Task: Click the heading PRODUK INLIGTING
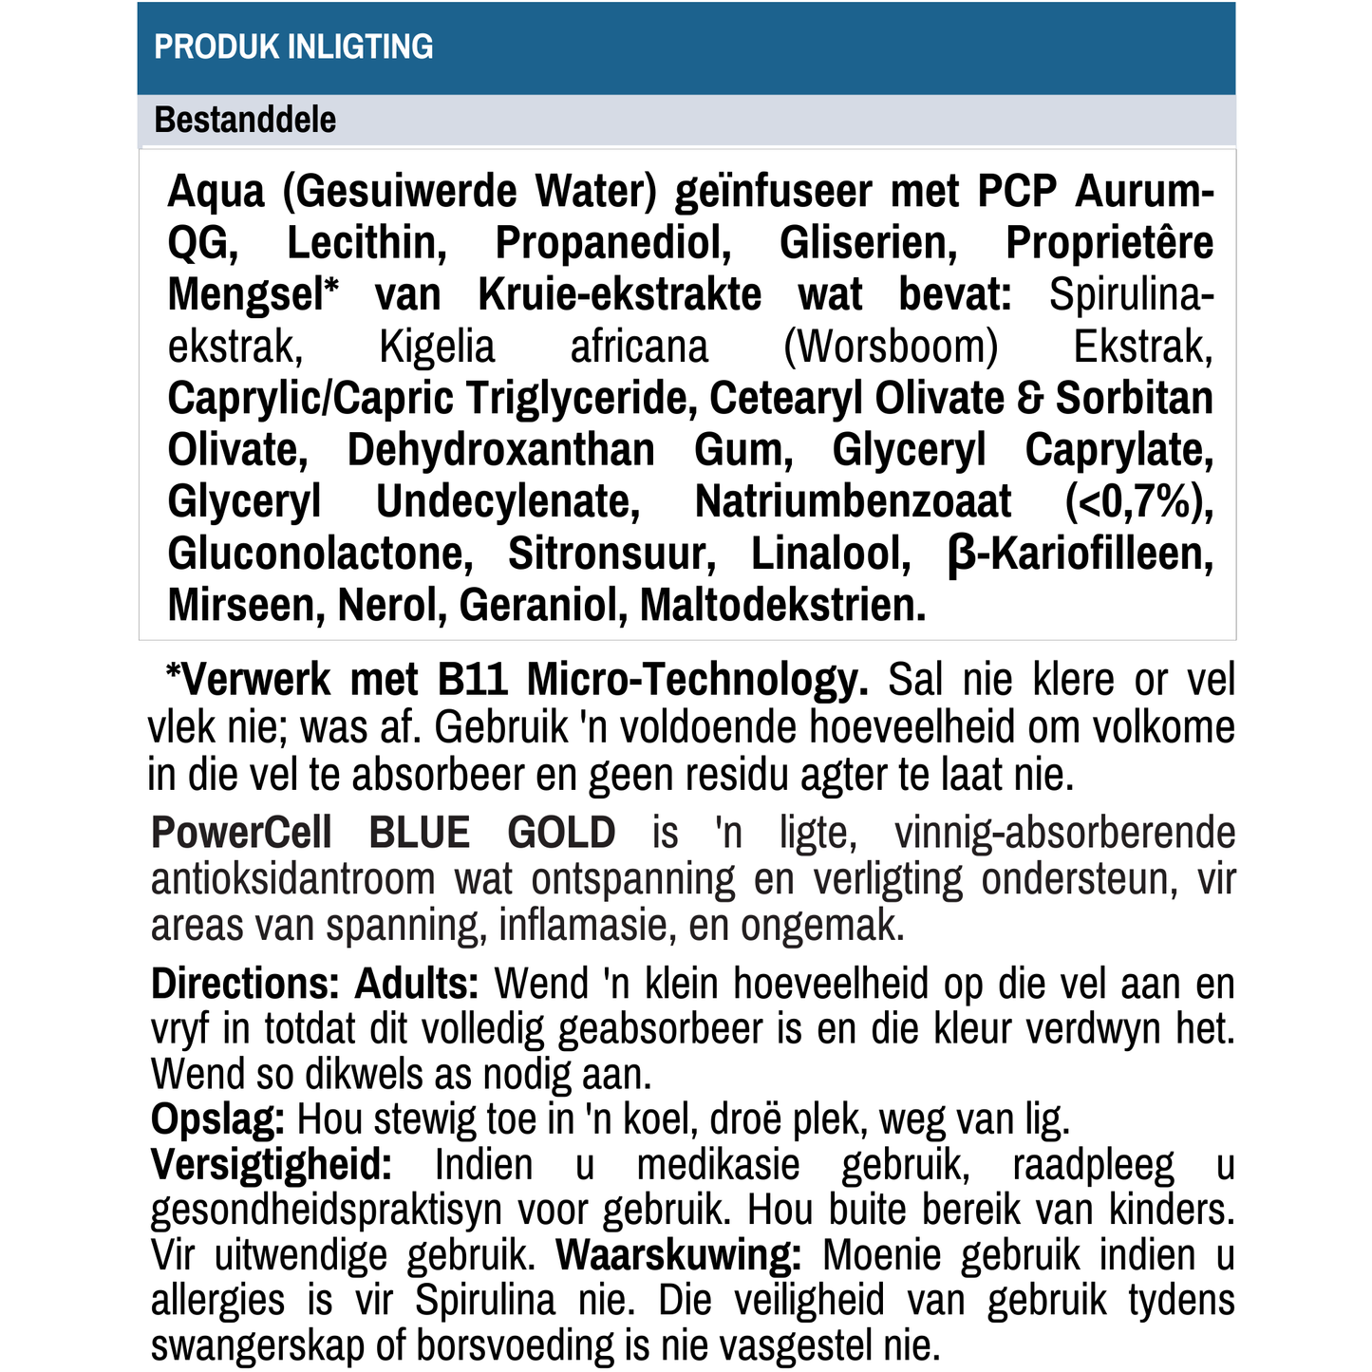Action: [293, 47]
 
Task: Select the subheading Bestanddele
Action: [245, 121]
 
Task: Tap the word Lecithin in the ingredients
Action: [366, 243]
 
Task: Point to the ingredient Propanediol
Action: [612, 243]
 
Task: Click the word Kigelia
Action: [437, 347]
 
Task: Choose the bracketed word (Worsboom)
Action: [891, 347]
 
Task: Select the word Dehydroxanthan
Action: [500, 450]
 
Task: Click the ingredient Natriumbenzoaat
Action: [853, 501]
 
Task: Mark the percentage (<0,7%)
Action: [1138, 501]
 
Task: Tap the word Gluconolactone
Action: [320, 554]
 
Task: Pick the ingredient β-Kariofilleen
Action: [1080, 554]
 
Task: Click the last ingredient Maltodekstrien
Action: [782, 606]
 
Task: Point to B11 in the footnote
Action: [474, 680]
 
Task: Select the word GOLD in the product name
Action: [561, 833]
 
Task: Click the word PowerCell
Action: [241, 833]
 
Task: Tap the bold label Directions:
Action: [245, 984]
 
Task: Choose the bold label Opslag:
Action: [217, 1120]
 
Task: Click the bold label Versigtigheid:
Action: [272, 1165]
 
